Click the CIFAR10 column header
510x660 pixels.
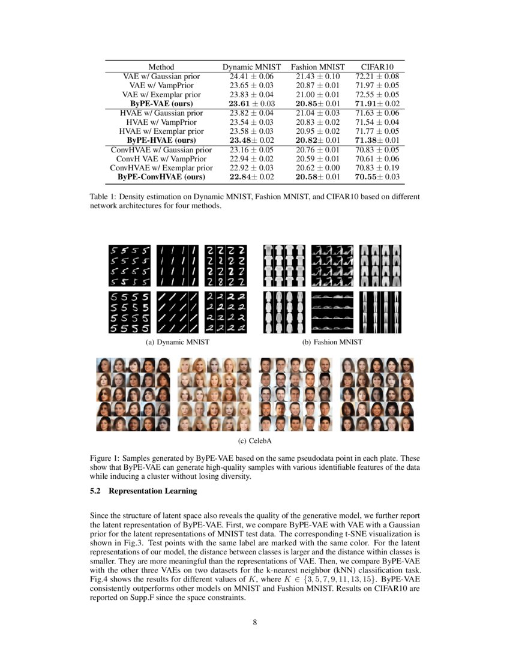377,67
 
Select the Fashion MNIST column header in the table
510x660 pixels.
318,67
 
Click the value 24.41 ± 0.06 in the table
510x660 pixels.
251,76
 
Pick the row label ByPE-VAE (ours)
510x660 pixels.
161,103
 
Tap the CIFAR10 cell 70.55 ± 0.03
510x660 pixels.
377,177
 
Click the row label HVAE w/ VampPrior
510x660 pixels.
161,122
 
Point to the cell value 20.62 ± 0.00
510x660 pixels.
318,168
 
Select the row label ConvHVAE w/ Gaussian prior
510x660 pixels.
161,150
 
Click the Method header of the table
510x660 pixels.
161,67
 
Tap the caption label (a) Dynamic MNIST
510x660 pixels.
173,342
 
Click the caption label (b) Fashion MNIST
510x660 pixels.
332,342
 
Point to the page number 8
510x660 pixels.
255,622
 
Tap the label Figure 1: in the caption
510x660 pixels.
106,458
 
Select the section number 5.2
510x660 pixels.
96,491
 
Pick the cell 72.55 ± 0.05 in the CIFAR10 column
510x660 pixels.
377,94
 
